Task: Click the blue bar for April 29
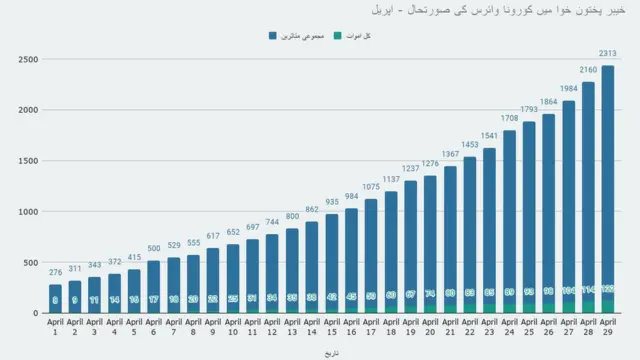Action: point(607,180)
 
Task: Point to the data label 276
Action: point(55,273)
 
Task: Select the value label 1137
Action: point(391,181)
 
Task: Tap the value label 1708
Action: point(510,119)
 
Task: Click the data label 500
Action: point(153,249)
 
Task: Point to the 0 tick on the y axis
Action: point(35,313)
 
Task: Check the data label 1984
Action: point(568,89)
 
